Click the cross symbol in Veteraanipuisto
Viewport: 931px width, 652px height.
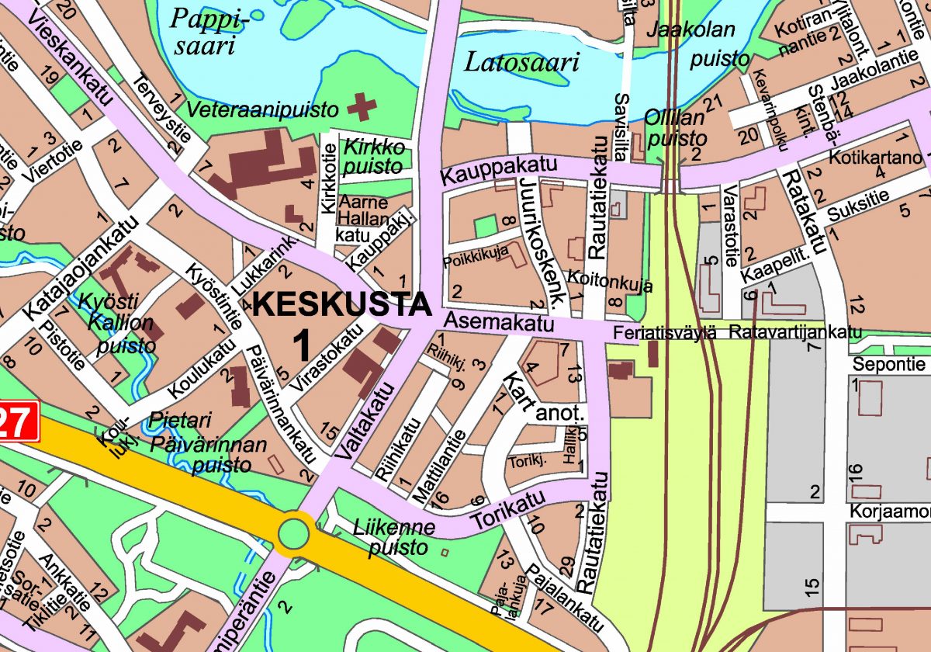click(x=360, y=106)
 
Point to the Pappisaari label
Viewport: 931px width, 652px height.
click(x=203, y=31)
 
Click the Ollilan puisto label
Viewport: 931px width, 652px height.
click(x=676, y=128)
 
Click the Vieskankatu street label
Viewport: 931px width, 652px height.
click(x=74, y=54)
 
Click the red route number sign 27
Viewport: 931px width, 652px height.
click(x=17, y=424)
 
